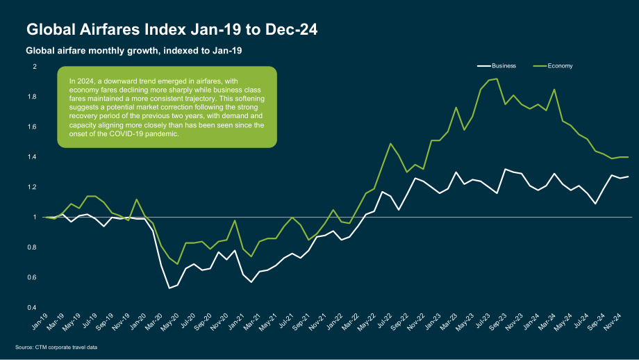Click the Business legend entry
497,65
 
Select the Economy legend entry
553,65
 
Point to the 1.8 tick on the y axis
33,97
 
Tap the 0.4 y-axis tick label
33,307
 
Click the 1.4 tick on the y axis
33,157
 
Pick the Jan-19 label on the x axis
40,321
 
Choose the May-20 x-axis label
171,322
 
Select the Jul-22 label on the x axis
384,321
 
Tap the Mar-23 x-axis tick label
449,322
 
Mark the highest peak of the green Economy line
497,79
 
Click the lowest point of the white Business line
169,288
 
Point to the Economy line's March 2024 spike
554,90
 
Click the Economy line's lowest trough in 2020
177,264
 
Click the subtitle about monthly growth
134,51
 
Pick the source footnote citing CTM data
56,347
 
